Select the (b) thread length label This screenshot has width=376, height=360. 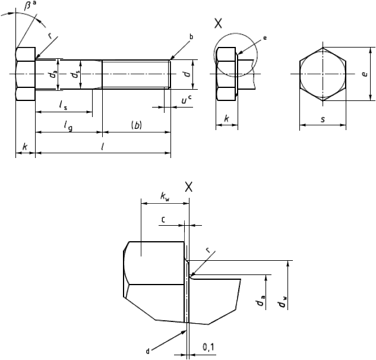point(137,125)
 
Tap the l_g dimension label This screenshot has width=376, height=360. point(68,126)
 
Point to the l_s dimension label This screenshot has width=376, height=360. point(64,105)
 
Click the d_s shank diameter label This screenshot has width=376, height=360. point(75,74)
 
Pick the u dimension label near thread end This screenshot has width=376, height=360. point(184,100)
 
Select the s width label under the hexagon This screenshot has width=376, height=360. point(323,119)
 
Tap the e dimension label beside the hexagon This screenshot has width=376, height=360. point(365,74)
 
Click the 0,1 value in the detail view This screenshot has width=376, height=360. point(208,348)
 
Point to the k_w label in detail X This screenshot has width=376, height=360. point(165,197)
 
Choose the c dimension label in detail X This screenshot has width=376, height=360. point(163,219)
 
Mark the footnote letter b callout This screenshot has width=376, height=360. point(191,37)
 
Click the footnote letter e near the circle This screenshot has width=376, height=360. point(265,38)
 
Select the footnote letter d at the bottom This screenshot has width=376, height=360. point(148,352)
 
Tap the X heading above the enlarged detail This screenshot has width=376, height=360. point(189,187)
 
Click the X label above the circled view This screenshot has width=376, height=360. point(218,23)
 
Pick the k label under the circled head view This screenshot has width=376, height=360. point(226,118)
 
